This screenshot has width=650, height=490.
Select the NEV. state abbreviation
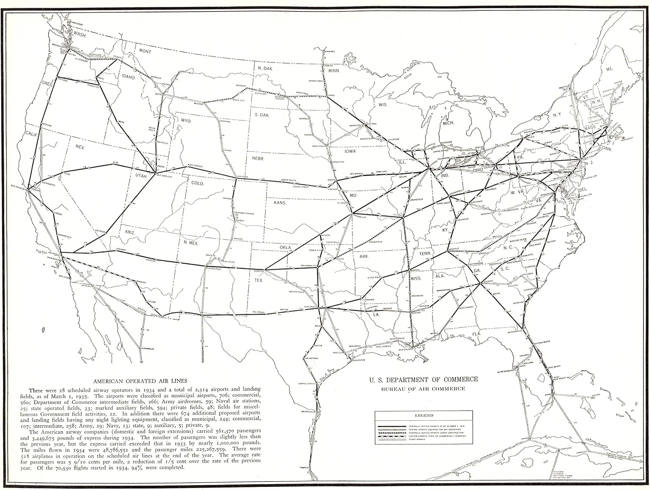[80, 147]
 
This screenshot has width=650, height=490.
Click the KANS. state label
[280, 202]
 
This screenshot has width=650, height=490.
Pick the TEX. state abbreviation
[259, 280]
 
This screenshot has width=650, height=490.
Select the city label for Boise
[122, 122]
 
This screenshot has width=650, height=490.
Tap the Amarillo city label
[259, 271]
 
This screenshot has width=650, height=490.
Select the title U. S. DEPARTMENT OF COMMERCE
[423, 379]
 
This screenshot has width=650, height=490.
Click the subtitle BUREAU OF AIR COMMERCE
[423, 389]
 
